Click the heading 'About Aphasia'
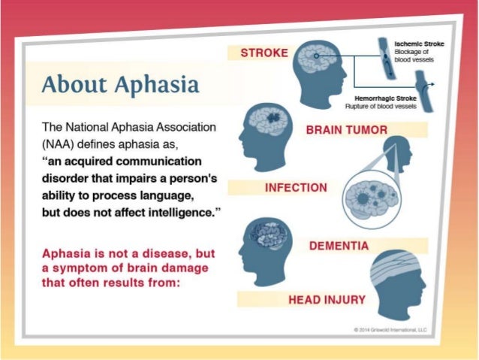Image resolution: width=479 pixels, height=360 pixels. (x=120, y=84)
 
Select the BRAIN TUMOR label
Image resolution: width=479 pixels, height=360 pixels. (x=347, y=130)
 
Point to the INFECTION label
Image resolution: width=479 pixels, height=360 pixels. (x=296, y=187)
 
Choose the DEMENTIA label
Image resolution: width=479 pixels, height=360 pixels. (x=339, y=246)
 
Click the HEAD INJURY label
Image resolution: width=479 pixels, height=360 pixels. (x=327, y=300)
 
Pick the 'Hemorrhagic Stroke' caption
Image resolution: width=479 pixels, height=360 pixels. (x=387, y=98)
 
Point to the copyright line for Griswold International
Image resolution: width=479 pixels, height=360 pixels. (x=393, y=329)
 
